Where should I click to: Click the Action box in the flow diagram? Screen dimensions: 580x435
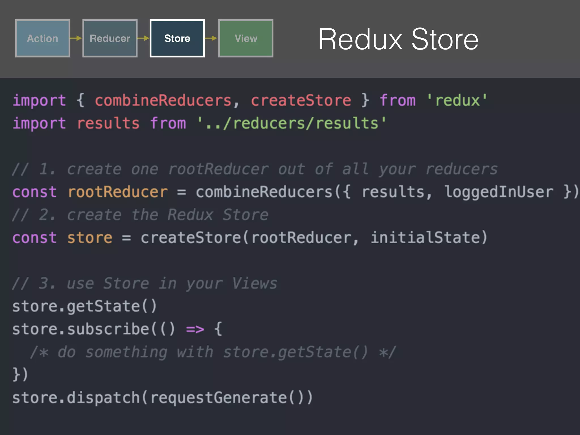42,38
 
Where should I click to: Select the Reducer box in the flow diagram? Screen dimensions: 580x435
110,38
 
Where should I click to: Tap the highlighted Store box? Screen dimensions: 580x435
177,38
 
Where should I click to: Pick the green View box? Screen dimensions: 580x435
246,38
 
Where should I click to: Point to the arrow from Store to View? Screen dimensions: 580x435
211,38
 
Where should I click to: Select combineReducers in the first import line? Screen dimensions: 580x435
163,101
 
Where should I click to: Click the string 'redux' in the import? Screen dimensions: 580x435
457,101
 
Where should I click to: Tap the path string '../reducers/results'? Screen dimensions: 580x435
292,123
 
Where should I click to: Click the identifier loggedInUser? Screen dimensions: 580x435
498,192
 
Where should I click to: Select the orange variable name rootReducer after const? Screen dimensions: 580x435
118,192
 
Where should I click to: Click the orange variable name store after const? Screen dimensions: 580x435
90,238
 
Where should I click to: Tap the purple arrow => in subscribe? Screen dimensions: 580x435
195,329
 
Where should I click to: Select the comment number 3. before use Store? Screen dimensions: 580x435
47,283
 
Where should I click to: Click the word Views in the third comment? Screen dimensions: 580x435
254,283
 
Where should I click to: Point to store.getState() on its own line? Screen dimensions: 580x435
84,306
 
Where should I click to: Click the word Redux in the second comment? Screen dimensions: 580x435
190,215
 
